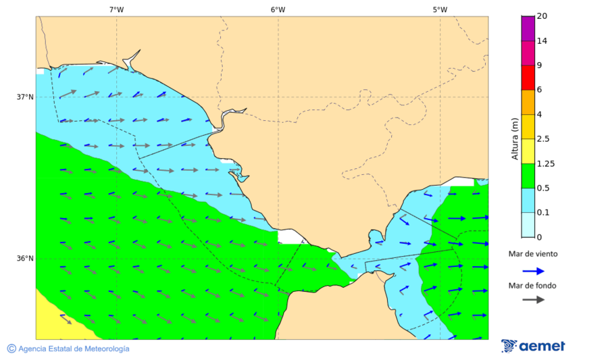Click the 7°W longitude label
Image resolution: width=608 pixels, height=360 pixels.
(116, 9)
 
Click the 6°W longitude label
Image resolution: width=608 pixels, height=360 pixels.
(278, 9)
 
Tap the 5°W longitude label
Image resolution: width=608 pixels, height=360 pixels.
(440, 9)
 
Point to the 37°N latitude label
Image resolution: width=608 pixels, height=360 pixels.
(25, 97)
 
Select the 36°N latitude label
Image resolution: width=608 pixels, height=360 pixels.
(25, 258)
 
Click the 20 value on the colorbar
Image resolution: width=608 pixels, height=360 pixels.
(542, 16)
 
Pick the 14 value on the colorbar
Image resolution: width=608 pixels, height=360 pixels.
(542, 41)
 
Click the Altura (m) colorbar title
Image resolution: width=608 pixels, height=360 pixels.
(515, 138)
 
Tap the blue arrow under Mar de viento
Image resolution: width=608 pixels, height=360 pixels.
(533, 271)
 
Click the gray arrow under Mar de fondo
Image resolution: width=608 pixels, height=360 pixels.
(533, 299)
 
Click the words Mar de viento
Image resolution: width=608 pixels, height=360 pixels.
(533, 254)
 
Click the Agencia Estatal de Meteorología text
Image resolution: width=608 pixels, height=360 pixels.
(74, 349)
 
